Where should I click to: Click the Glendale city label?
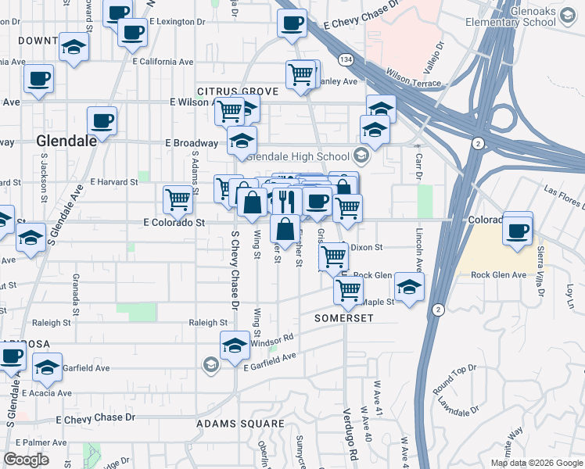pyautogui.click(x=66, y=141)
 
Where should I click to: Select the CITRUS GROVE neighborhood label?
pyautogui.click(x=238, y=91)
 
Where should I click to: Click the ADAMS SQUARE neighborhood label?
pyautogui.click(x=240, y=424)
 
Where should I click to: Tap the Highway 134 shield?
pyautogui.click(x=345, y=59)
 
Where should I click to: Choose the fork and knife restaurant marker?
pyautogui.click(x=286, y=200)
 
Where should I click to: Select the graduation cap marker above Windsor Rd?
pyautogui.click(x=235, y=344)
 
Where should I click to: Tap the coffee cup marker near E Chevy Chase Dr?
pyautogui.click(x=292, y=22)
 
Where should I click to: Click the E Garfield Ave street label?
pyautogui.click(x=270, y=361)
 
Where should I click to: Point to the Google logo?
pyautogui.click(x=27, y=460)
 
